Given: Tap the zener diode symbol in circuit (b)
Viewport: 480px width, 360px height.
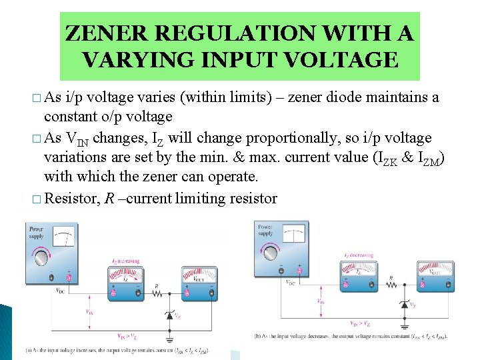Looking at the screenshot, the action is click(405, 305).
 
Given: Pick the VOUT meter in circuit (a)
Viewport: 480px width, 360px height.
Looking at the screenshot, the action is click(199, 281).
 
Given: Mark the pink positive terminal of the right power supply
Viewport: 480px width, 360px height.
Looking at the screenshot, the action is click(299, 270).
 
